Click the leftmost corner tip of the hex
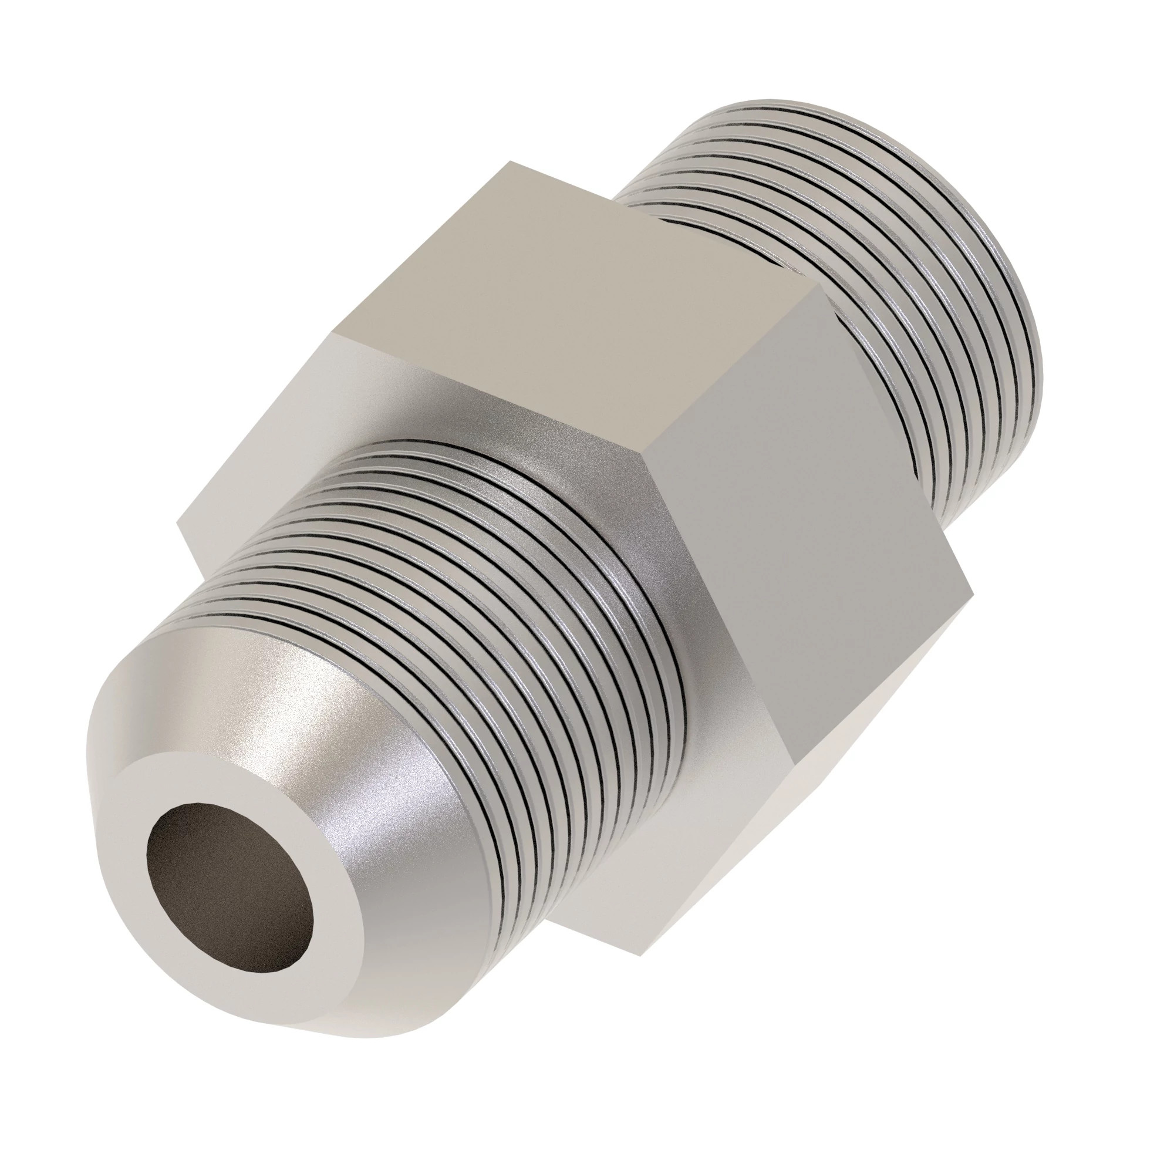pos(177,520)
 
